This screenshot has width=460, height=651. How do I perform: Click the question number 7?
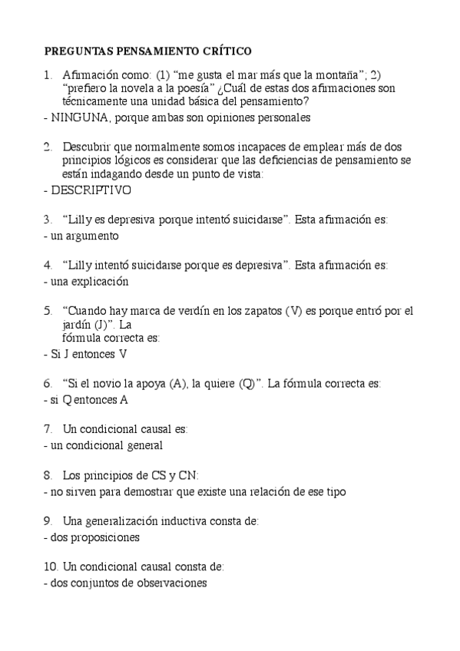click(x=48, y=428)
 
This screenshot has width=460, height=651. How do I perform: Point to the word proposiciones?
click(x=106, y=537)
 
